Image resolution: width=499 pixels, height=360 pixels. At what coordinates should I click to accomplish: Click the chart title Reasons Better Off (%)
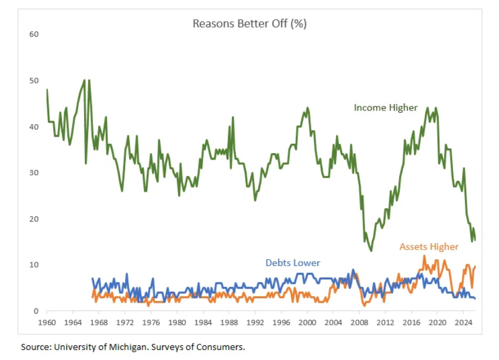[249, 24]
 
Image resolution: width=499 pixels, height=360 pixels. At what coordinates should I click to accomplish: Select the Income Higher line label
[386, 108]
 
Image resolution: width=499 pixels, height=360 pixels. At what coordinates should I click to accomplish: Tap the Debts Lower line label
[293, 263]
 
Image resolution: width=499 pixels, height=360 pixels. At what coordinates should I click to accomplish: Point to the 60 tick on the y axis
[34, 34]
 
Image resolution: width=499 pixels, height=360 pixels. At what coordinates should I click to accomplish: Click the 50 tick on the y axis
[34, 80]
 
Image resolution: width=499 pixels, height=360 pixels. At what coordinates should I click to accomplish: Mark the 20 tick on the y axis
[34, 219]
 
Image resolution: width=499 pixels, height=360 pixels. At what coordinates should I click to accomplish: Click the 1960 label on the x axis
[47, 322]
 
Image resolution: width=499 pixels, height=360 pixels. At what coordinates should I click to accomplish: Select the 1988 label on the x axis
[229, 322]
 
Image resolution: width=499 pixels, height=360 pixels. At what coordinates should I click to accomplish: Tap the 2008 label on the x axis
[359, 322]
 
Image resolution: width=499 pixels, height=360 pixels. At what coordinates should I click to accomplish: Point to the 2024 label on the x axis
[463, 322]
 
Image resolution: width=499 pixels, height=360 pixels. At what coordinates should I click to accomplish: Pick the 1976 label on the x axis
[151, 322]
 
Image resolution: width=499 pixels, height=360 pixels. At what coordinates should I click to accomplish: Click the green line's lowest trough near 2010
[371, 251]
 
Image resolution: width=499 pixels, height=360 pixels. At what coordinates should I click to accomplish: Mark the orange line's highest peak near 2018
[424, 255]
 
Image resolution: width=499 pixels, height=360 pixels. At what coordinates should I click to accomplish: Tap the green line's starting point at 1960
[47, 89]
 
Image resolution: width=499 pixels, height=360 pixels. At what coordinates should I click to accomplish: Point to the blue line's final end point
[474, 299]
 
